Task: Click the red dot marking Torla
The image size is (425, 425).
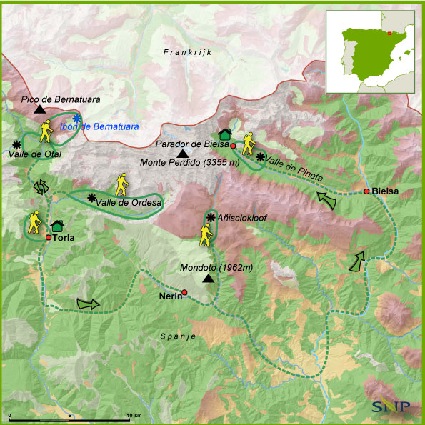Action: [49, 237]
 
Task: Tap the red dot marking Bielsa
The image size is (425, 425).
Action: [366, 191]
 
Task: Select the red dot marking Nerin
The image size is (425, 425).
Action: [184, 292]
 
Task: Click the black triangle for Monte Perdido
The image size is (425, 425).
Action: [183, 154]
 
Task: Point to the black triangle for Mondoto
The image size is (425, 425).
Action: [207, 279]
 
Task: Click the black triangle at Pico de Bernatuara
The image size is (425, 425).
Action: [39, 109]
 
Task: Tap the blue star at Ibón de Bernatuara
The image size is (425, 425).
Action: [76, 119]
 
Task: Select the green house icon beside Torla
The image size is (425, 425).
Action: [58, 226]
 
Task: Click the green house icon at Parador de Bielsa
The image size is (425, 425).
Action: [224, 134]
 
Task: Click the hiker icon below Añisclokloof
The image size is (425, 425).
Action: [206, 234]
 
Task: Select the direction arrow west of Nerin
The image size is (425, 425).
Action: [89, 304]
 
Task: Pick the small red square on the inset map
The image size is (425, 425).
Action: [389, 33]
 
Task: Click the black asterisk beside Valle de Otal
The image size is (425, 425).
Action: [16, 144]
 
